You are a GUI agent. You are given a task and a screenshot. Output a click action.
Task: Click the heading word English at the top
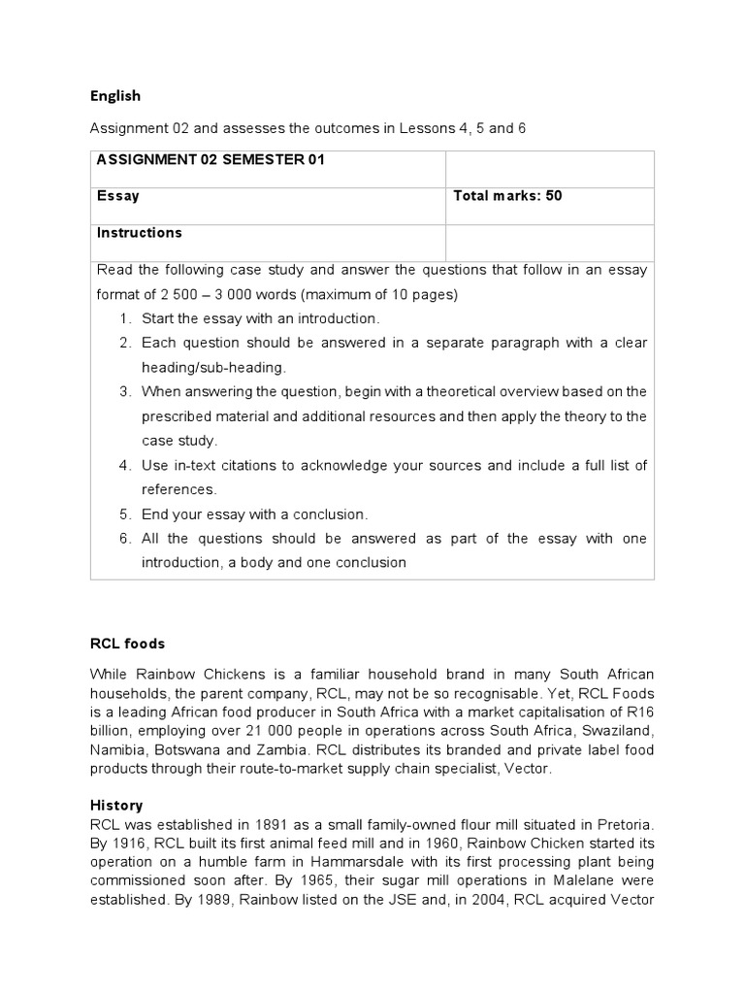[115, 95]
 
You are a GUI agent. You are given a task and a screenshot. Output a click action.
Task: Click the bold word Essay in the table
[117, 195]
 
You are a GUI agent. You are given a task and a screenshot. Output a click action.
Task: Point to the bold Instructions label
[139, 232]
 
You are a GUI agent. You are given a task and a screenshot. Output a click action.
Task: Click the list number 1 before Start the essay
[125, 318]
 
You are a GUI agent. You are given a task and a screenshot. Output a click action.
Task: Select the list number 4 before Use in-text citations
[125, 465]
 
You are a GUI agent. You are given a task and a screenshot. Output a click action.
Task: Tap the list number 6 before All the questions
[125, 538]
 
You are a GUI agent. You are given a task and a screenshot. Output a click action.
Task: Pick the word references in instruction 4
[178, 489]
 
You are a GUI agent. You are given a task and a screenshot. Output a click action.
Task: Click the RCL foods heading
[127, 643]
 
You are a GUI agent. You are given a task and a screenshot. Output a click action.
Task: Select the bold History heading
[116, 805]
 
